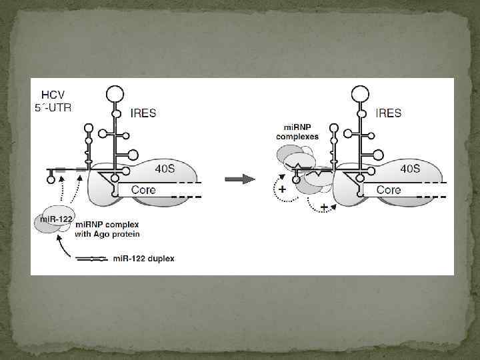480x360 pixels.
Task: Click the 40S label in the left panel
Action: click(x=165, y=169)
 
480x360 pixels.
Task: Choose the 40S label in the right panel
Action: click(x=410, y=169)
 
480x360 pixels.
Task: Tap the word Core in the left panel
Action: click(x=143, y=190)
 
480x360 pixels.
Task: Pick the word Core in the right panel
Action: click(x=389, y=190)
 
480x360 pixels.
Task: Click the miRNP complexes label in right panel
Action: click(x=297, y=131)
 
